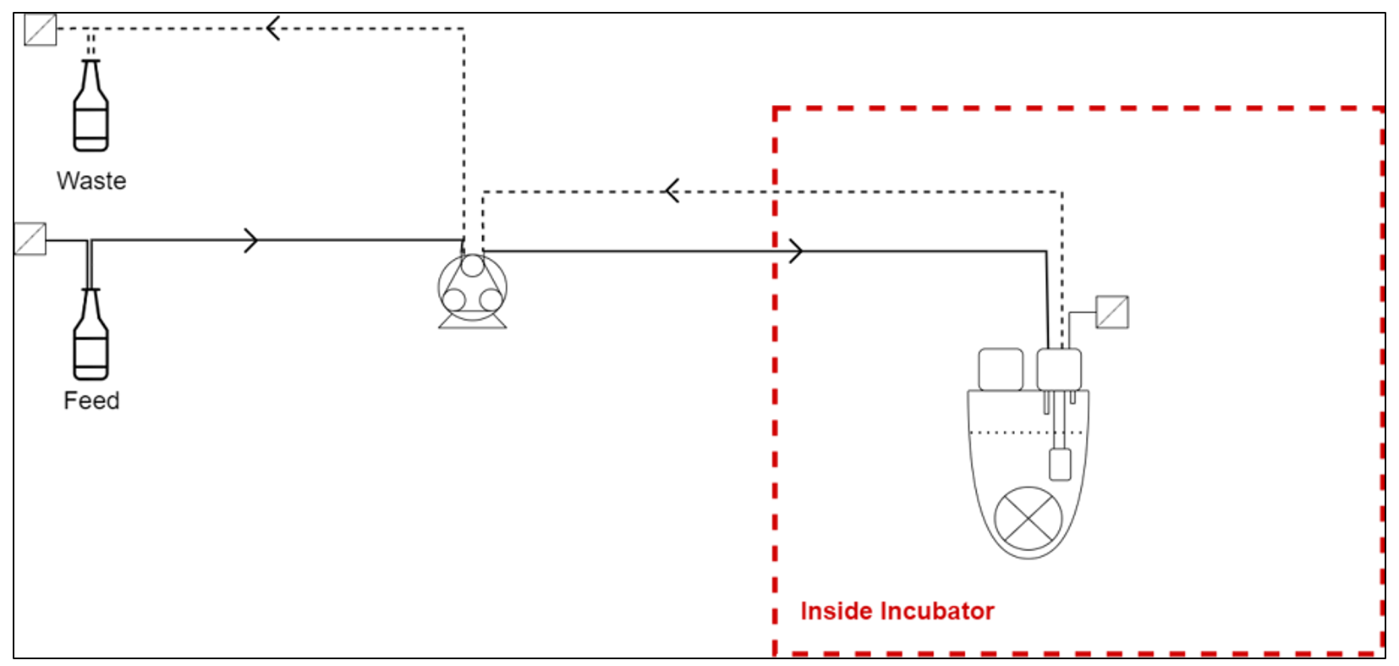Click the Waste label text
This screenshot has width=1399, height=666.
point(91,180)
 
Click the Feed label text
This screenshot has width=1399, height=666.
point(91,400)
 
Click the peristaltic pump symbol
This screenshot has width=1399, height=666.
point(472,289)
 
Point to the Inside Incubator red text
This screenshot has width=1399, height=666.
point(897,611)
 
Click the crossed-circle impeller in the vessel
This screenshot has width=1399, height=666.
point(1028,518)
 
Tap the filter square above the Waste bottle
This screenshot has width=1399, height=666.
point(40,30)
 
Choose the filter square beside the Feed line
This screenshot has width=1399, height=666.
point(30,239)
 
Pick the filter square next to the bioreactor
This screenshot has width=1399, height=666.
point(1111,311)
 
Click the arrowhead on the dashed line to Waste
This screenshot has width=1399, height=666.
point(272,29)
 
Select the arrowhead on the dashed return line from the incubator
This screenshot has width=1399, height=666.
point(672,191)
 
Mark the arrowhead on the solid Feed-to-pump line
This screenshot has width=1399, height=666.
point(250,240)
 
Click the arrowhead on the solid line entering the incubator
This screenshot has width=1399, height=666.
point(795,250)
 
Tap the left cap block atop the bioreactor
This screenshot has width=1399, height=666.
point(1001,369)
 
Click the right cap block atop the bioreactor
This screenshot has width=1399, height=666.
point(1059,369)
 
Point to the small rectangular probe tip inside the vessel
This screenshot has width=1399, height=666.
point(1059,465)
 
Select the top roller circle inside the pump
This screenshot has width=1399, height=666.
point(472,266)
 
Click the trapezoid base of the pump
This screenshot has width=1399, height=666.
point(472,322)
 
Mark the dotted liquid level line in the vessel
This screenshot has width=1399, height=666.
point(1015,432)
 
